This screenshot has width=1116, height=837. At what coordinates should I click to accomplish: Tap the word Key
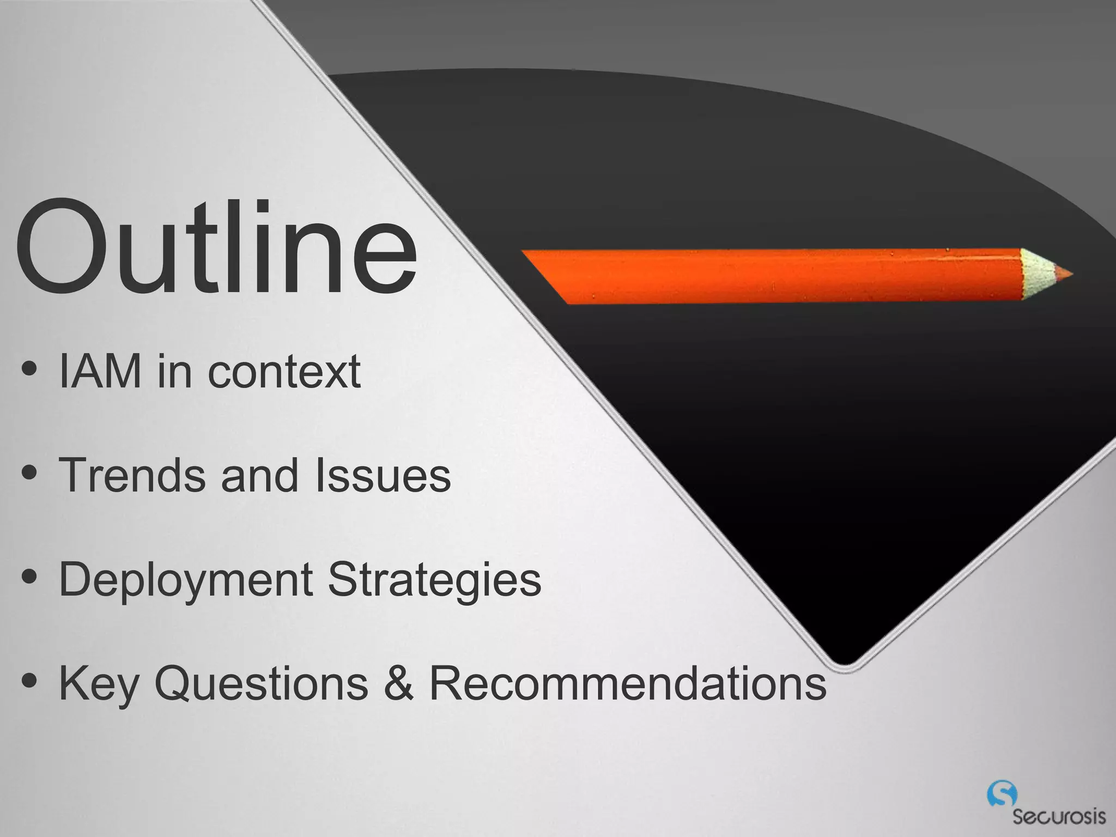[99, 684]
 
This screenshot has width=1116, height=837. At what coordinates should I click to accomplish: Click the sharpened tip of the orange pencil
[1063, 274]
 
